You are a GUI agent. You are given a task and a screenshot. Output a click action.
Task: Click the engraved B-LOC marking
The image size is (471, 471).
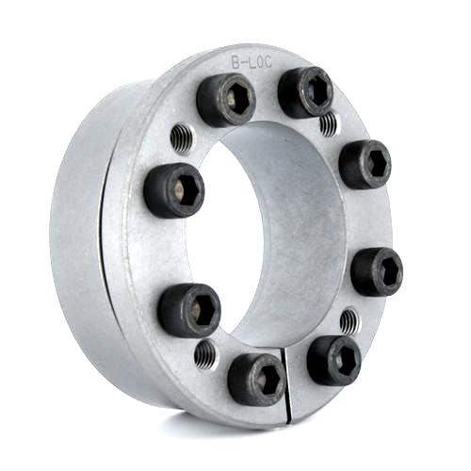[x=252, y=62]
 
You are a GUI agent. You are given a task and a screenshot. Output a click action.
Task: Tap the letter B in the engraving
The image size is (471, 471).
[x=235, y=62]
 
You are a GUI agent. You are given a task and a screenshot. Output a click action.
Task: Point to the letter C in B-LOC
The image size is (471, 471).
[x=268, y=63]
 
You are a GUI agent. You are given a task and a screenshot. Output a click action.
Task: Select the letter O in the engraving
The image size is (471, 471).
[x=259, y=62]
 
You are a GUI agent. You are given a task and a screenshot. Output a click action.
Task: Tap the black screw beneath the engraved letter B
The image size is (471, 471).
[x=226, y=100]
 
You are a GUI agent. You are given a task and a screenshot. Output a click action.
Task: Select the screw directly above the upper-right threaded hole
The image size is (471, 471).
[x=305, y=92]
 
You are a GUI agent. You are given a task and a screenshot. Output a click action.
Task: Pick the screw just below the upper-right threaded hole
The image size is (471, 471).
[x=365, y=165]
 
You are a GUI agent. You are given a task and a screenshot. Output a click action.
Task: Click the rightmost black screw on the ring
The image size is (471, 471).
[x=377, y=271]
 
